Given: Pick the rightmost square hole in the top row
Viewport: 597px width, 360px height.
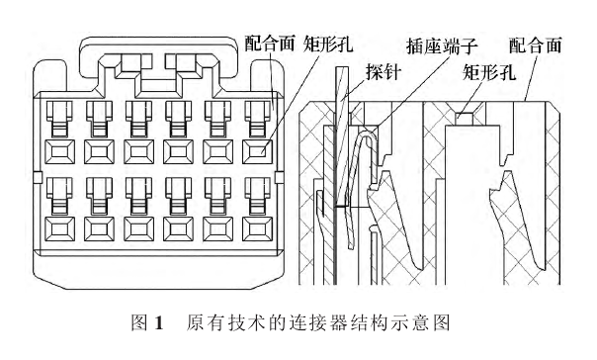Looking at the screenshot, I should (x=258, y=151).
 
